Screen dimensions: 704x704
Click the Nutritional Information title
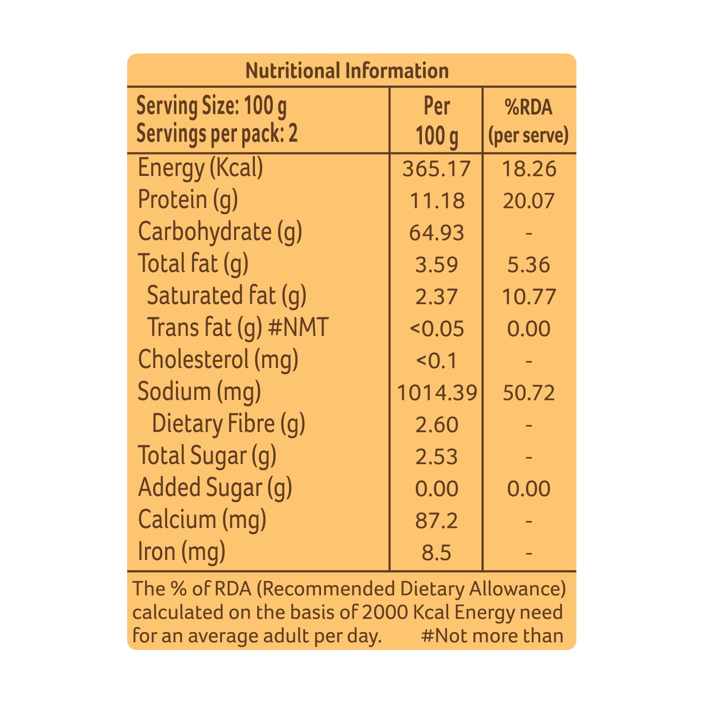click(x=347, y=71)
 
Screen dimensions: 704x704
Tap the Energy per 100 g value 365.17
click(x=436, y=169)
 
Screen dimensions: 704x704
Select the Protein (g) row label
click(x=188, y=200)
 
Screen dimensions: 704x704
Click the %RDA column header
click(x=528, y=107)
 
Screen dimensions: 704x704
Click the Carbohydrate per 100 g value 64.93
click(x=436, y=233)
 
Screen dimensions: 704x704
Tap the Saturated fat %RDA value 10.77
click(x=529, y=297)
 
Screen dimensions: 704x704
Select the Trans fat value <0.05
click(x=437, y=328)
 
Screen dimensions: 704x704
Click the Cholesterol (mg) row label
click(x=218, y=360)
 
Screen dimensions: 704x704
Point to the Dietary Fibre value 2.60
click(x=437, y=425)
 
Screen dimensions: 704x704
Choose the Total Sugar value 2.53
click(x=436, y=457)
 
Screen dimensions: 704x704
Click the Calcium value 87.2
click(x=436, y=521)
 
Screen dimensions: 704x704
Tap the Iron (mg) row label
click(x=181, y=552)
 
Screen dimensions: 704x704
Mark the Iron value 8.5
click(x=436, y=553)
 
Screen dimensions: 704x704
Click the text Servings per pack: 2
click(x=217, y=134)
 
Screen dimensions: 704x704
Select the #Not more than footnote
click(x=492, y=636)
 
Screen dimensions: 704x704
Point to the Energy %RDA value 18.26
click(x=529, y=169)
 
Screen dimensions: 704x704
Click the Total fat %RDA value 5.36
click(x=528, y=265)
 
